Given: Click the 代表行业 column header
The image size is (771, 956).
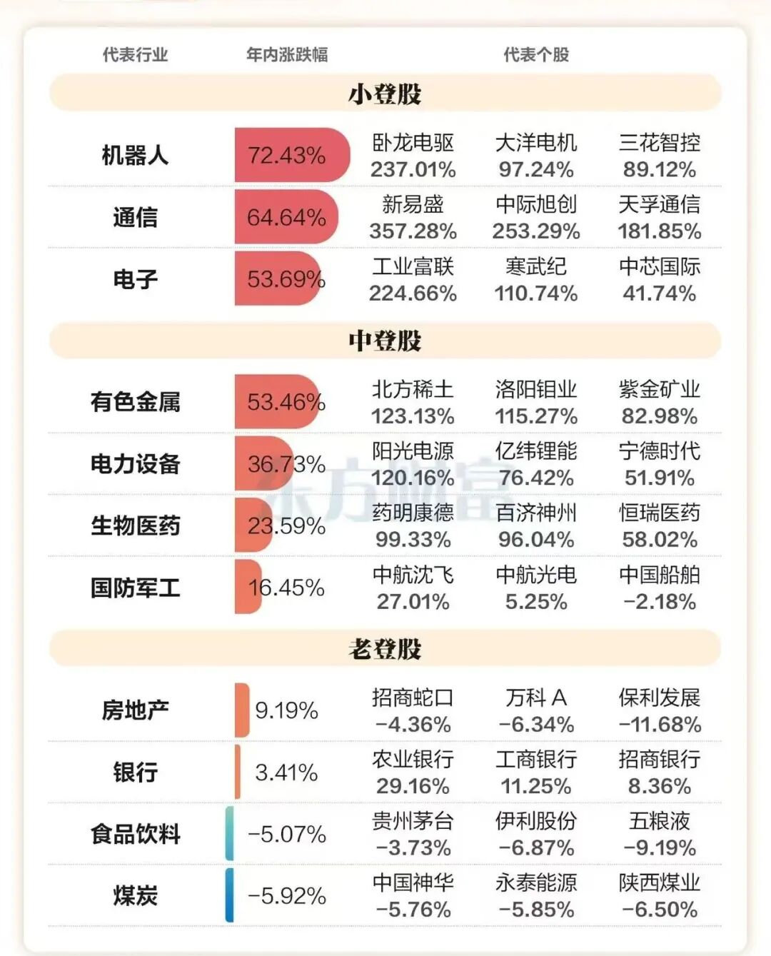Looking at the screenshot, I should click(135, 55).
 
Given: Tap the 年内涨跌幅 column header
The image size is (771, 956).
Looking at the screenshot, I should click(287, 55).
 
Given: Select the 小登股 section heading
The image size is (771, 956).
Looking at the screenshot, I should click(385, 94).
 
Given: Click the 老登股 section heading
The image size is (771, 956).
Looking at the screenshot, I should click(385, 649).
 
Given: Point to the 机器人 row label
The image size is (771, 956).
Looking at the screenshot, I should click(135, 155).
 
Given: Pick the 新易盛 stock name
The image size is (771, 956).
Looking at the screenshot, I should click(413, 205).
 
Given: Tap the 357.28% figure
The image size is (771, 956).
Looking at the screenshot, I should click(413, 231).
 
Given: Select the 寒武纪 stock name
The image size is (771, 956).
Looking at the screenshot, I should click(536, 266).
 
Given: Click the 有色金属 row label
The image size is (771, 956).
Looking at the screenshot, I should click(135, 402).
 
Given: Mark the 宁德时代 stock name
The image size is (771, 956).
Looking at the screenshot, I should click(660, 451).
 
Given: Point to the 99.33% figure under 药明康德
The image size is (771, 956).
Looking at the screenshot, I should click(413, 540).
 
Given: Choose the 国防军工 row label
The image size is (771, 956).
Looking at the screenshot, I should click(135, 588).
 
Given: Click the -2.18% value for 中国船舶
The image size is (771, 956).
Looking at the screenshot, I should click(660, 602).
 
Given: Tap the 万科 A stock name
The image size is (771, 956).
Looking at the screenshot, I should click(536, 698).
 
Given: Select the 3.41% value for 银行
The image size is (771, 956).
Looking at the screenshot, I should click(286, 773).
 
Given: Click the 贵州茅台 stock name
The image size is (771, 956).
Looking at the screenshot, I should click(413, 821).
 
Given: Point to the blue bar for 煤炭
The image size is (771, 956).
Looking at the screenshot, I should click(229, 895).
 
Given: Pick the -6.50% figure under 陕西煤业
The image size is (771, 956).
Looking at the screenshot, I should click(660, 910).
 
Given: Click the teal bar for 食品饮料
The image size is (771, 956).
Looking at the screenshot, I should click(229, 833).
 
